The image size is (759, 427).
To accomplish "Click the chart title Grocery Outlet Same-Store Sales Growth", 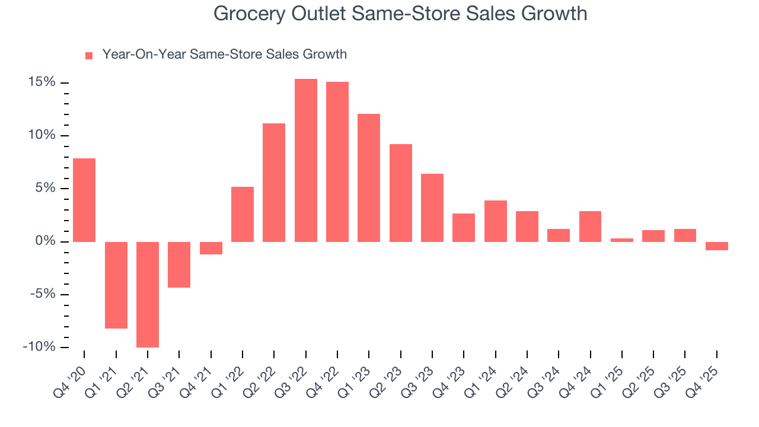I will click(400, 14).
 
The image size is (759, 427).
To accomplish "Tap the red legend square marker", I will click(89, 55).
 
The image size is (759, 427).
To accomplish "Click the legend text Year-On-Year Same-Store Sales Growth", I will click(224, 55).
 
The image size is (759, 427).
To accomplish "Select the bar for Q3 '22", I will click(305, 160).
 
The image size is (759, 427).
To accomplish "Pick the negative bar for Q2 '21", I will click(148, 294).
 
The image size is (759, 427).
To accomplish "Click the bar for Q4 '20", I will click(84, 200).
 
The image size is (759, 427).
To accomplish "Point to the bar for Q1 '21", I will click(116, 285).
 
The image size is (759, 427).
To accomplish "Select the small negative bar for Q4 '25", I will click(716, 246).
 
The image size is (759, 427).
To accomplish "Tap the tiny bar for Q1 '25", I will click(621, 240).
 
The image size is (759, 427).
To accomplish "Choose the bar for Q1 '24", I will click(495, 221).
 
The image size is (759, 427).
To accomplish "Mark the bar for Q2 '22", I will click(274, 182).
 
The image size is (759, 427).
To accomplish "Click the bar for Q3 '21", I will click(179, 265).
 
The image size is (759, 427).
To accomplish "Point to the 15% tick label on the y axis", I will click(42, 82).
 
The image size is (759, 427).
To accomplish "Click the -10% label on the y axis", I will click(39, 347).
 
